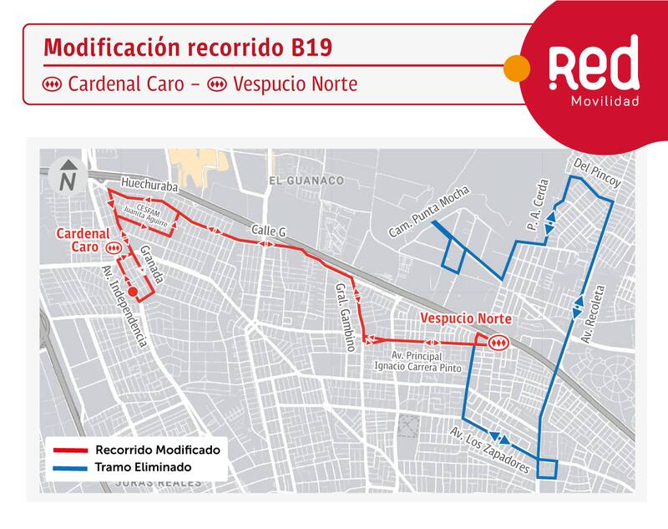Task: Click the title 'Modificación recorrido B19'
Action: coord(187,48)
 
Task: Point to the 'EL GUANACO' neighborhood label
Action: coord(306,181)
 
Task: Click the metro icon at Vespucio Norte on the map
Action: coord(498,342)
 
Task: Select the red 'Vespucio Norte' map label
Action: coord(465,319)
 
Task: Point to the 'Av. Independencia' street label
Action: coord(124,306)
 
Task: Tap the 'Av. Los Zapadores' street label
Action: coord(488,451)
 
